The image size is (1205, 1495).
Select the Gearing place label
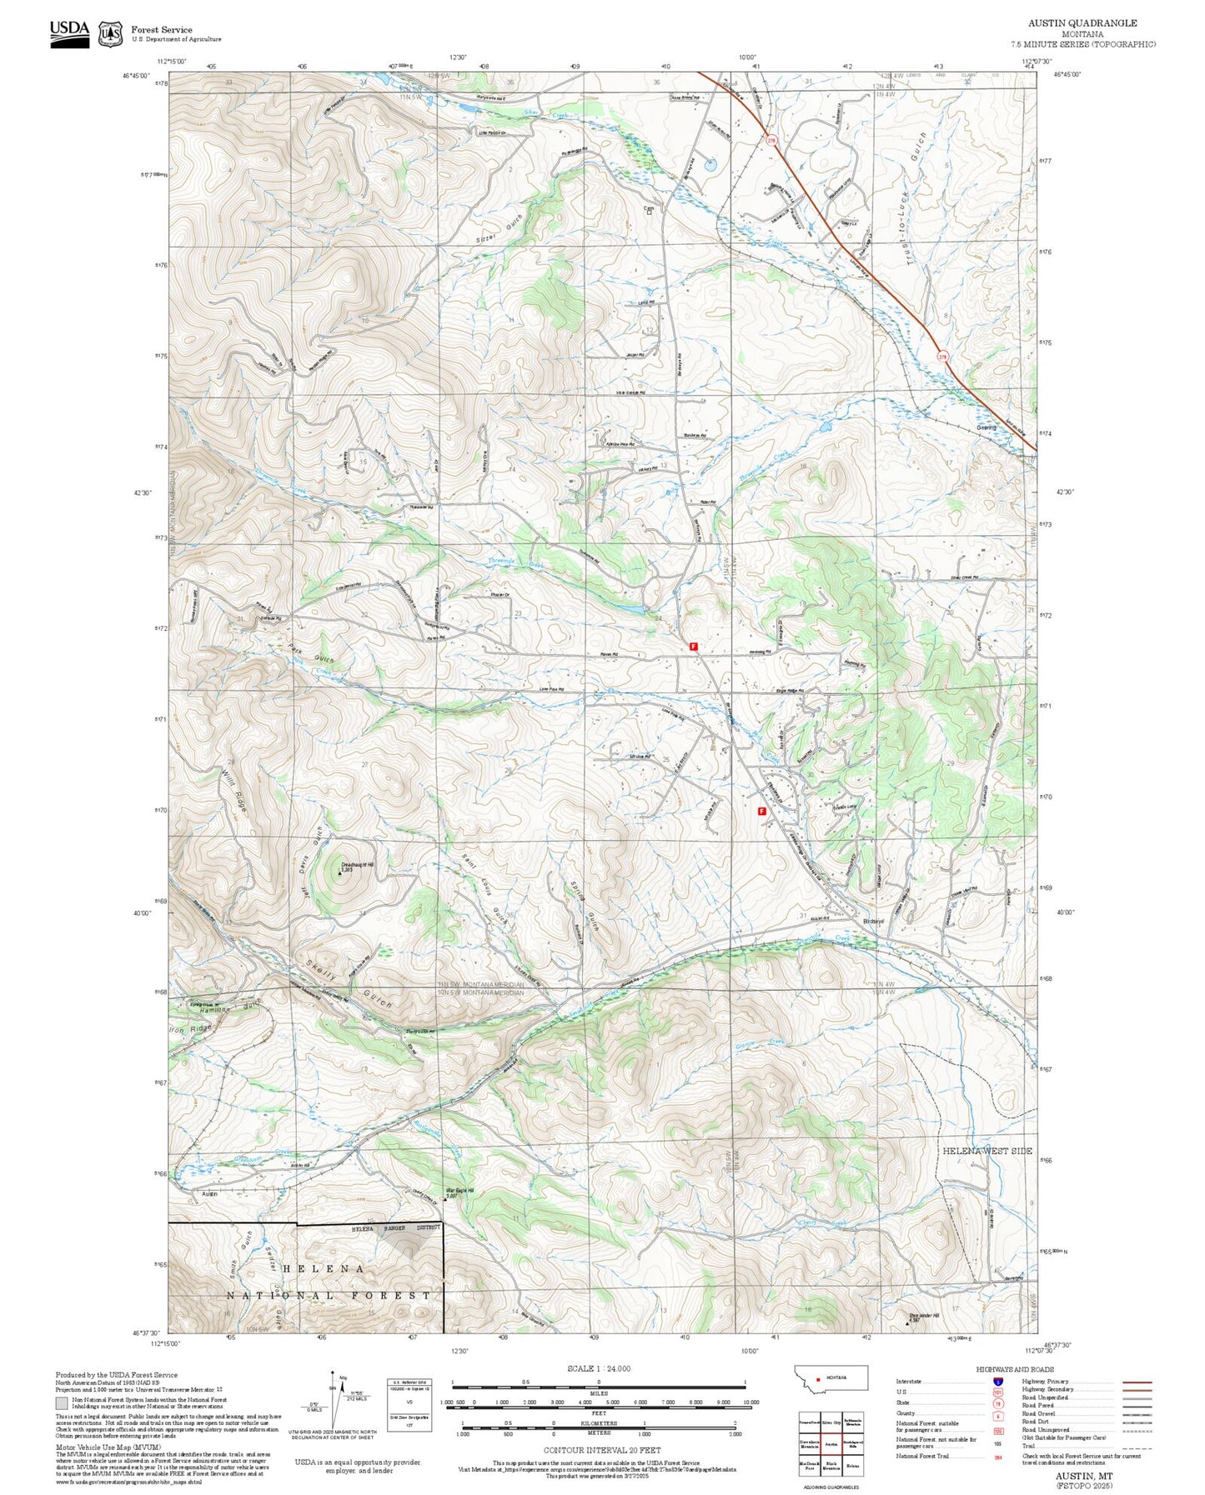987,427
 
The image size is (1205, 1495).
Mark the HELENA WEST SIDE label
987,1151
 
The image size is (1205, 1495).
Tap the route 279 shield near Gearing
943,356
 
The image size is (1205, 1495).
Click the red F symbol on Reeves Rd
693,646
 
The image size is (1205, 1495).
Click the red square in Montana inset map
818,1378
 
